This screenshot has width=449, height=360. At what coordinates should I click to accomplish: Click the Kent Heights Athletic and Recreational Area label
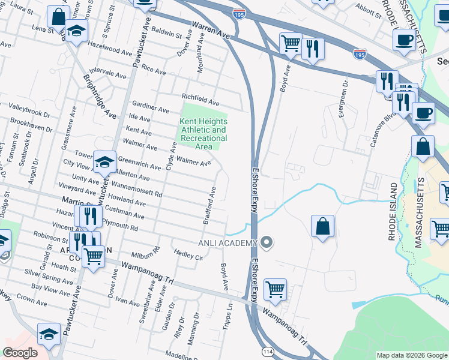click(203, 134)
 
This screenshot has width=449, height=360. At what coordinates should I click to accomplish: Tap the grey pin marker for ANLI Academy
click(267, 243)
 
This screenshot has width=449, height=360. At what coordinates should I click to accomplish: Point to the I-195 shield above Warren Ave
click(239, 13)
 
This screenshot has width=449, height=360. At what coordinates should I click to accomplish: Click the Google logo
click(20, 353)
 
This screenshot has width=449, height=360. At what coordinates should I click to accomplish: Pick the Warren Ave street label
click(211, 31)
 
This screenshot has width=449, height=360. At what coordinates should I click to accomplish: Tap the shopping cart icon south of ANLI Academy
click(275, 289)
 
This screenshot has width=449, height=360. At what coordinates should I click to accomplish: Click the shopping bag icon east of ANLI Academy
click(323, 227)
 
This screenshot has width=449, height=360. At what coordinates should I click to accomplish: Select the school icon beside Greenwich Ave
click(105, 162)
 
